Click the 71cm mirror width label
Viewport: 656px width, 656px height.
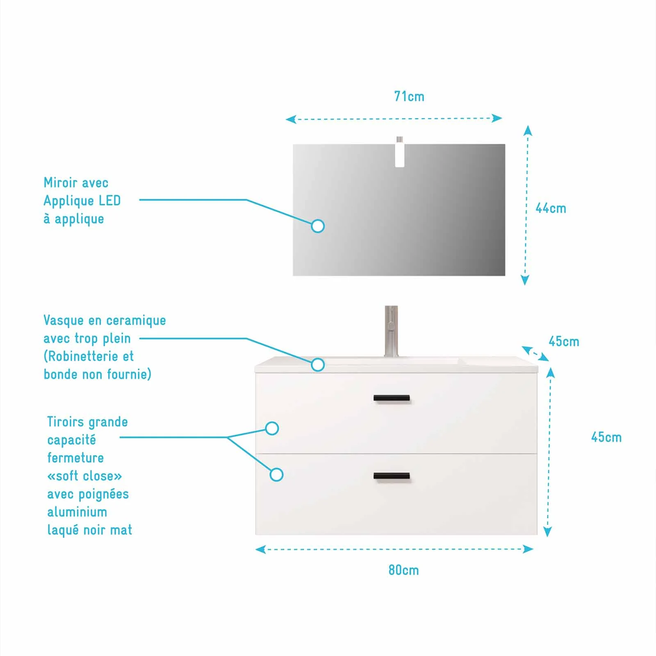pos(409,96)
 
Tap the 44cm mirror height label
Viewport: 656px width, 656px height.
pos(551,208)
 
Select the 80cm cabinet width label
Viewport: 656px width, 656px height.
pos(404,570)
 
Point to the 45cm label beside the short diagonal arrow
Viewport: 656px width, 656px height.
pos(564,341)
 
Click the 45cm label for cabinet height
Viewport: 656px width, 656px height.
pos(606,437)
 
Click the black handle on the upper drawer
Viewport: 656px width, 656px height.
pos(392,398)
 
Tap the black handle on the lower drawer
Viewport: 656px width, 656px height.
pos(392,476)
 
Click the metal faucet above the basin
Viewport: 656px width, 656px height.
pos(391,331)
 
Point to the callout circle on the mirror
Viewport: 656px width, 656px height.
pos(318,226)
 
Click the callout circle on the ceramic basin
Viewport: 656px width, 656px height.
pos(318,364)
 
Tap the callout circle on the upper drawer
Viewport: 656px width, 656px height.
pos(272,428)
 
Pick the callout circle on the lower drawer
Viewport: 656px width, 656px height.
pos(277,475)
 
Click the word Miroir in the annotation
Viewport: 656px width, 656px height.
pos(60,182)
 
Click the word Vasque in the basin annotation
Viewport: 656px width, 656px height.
pos(64,321)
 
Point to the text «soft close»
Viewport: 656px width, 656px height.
pos(84,476)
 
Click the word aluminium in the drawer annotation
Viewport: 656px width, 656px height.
pos(77,512)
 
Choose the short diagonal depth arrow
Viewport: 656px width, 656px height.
pos(535,353)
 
